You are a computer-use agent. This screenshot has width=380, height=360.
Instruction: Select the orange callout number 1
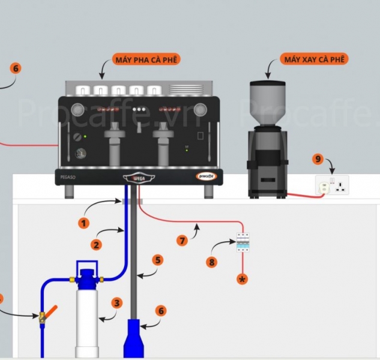coord(84,223)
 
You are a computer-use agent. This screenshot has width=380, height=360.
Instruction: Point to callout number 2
coord(96,244)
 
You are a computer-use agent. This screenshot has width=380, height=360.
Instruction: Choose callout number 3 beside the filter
coord(117,303)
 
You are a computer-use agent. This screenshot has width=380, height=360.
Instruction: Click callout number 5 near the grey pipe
coord(157,260)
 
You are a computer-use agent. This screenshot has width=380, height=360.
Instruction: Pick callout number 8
coord(211,262)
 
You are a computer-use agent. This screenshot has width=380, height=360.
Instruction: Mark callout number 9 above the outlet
coord(318,159)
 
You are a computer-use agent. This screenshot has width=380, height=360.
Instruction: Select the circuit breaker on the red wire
coord(243,242)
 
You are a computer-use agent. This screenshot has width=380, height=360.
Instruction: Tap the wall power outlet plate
coord(332,185)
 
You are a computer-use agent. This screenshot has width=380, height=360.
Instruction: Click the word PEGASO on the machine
coord(67,178)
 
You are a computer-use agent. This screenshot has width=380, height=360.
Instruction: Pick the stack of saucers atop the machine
coord(187,89)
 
